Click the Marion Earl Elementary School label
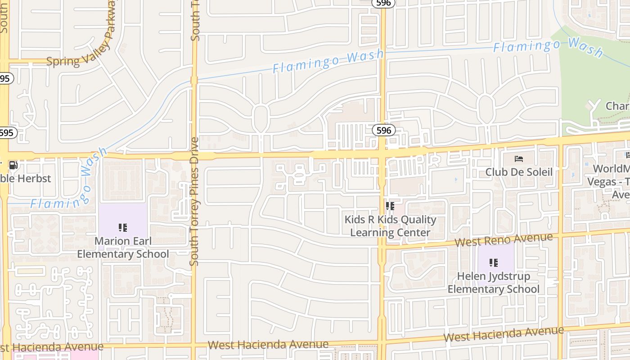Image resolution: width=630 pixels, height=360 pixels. coord(123,247)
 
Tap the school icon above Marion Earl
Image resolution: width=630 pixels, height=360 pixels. coord(123,228)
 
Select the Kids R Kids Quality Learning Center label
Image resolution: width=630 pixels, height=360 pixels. coord(390,226)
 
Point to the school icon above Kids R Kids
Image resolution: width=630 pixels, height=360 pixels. coord(390,206)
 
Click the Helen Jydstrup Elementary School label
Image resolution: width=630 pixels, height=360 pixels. coord(493,283)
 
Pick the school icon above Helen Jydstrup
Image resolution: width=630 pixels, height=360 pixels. coord(494,262)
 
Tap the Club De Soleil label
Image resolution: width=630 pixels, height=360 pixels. coord(519,172)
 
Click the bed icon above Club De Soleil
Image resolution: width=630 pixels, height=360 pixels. coord(519,159)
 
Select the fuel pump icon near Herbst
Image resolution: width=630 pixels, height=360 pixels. coord(13,165)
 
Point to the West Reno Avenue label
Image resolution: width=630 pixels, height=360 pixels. coord(504,240)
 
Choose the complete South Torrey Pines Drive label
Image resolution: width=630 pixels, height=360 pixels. coord(194,201)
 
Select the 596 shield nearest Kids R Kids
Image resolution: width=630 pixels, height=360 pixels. coord(383,130)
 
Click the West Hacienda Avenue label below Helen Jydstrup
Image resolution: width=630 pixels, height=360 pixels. coord(504,334)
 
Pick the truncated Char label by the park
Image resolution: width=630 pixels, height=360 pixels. coord(617,106)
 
